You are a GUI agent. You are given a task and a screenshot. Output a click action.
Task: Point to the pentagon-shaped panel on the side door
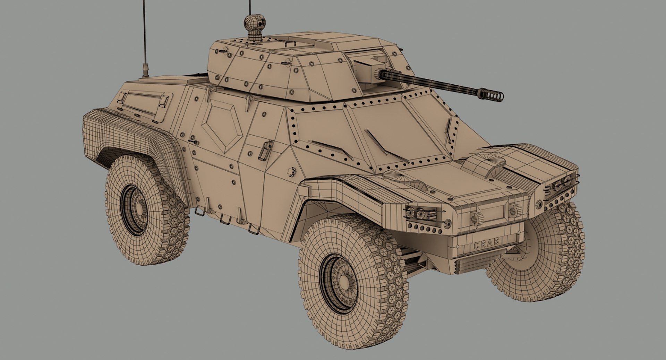[x=222, y=127]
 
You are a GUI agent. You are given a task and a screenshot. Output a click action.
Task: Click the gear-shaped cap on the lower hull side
[x=292, y=171]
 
